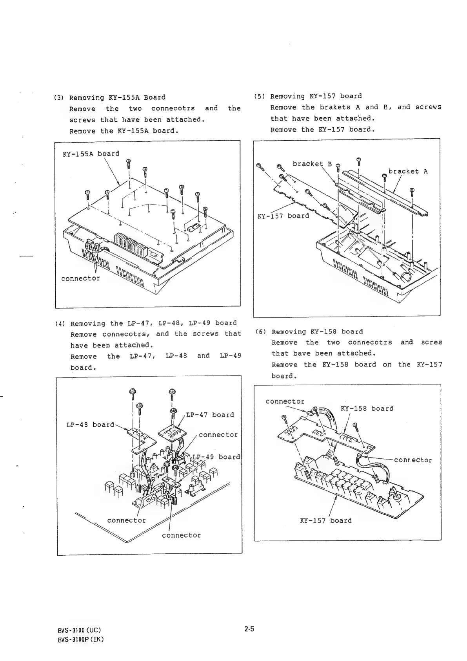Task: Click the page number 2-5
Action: (x=249, y=628)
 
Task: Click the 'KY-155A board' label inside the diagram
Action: (x=91, y=154)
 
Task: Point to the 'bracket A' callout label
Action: (x=408, y=171)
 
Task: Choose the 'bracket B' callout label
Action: (x=312, y=164)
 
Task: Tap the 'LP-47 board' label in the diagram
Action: (x=210, y=415)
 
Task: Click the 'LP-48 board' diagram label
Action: (x=90, y=425)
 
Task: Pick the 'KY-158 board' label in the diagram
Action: (x=367, y=408)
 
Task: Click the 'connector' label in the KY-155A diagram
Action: (x=80, y=278)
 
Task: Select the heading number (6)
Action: (x=262, y=331)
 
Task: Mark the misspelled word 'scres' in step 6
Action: (x=432, y=342)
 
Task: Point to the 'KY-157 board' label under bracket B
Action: (x=283, y=216)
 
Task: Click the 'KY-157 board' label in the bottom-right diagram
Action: (x=325, y=520)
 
